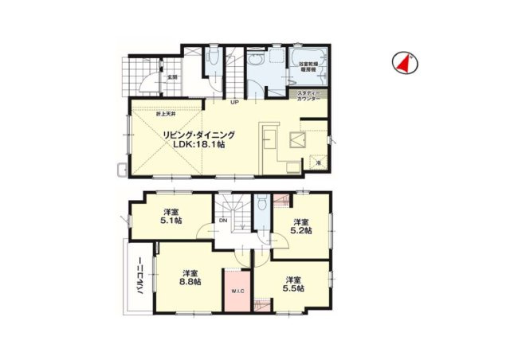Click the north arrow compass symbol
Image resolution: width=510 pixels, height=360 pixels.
coord(405,64)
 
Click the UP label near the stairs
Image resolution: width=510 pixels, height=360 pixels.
coord(235,102)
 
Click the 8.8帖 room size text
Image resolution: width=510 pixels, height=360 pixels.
coord(190,281)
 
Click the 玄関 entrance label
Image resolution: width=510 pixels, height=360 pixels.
coord(171,77)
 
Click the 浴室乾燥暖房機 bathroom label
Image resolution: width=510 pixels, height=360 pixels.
coord(308,66)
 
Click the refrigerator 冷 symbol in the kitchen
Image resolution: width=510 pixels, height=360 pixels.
coord(318,162)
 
